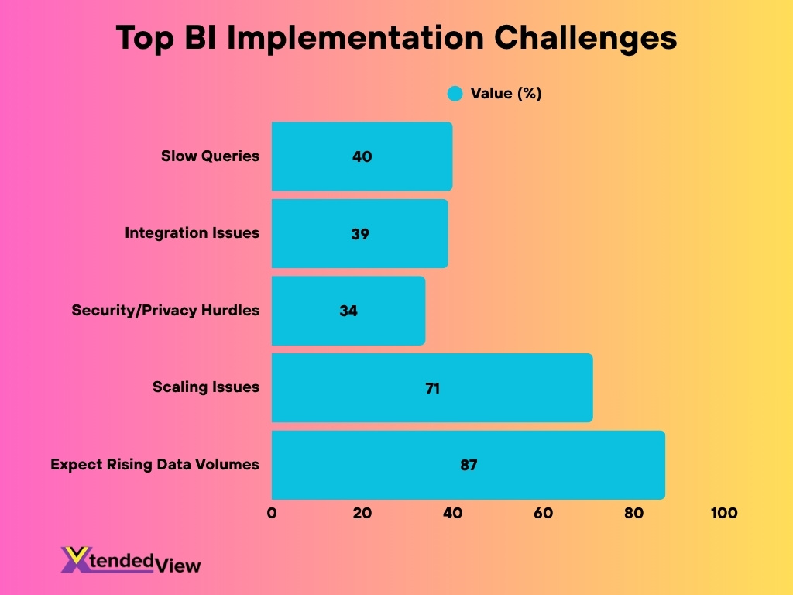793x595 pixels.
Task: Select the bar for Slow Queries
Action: click(362, 156)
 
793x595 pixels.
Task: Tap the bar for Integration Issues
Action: click(359, 233)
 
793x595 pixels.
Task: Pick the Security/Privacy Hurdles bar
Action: click(348, 311)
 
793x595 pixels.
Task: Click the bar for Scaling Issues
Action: click(432, 387)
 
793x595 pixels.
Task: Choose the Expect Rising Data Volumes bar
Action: click(468, 465)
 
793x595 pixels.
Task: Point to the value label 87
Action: click(468, 466)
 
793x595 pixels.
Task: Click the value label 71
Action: click(432, 388)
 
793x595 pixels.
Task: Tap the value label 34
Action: click(348, 311)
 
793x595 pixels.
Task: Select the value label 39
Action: click(359, 233)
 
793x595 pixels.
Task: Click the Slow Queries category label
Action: click(210, 156)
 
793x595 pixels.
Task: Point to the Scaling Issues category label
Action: click(206, 387)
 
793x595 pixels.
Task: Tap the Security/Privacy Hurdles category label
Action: click(166, 311)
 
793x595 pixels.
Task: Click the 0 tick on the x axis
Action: click(272, 513)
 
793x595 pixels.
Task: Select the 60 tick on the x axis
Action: click(543, 513)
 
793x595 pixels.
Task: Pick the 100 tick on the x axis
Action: click(724, 513)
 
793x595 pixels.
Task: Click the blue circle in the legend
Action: click(455, 94)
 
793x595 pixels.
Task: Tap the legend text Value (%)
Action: click(506, 94)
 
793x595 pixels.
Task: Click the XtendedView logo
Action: click(130, 559)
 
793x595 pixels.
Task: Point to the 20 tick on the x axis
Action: click(362, 513)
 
